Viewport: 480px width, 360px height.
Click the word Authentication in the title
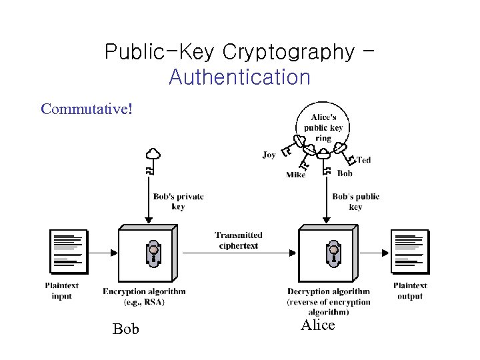point(239,77)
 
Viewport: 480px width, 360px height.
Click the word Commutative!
point(87,108)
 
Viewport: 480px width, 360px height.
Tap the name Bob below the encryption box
point(126,329)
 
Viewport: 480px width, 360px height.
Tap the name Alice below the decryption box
point(317,325)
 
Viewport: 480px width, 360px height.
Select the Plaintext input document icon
point(68,251)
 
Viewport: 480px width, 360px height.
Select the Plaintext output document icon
point(409,251)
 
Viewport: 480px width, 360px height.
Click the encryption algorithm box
point(147,253)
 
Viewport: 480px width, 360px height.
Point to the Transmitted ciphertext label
point(238,240)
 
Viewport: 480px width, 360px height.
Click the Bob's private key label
point(178,201)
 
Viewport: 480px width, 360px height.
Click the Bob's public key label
point(355,201)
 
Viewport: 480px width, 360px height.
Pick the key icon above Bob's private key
point(153,160)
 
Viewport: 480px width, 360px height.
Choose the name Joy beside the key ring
point(269,155)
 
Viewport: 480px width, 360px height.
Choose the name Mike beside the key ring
point(295,175)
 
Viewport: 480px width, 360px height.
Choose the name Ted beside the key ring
point(363,160)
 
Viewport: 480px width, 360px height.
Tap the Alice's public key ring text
point(323,128)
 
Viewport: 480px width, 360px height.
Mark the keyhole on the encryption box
point(153,253)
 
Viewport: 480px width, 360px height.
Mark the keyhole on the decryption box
point(333,253)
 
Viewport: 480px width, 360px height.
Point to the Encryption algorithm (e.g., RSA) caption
point(144,296)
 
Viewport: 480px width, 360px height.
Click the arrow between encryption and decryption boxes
point(238,253)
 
